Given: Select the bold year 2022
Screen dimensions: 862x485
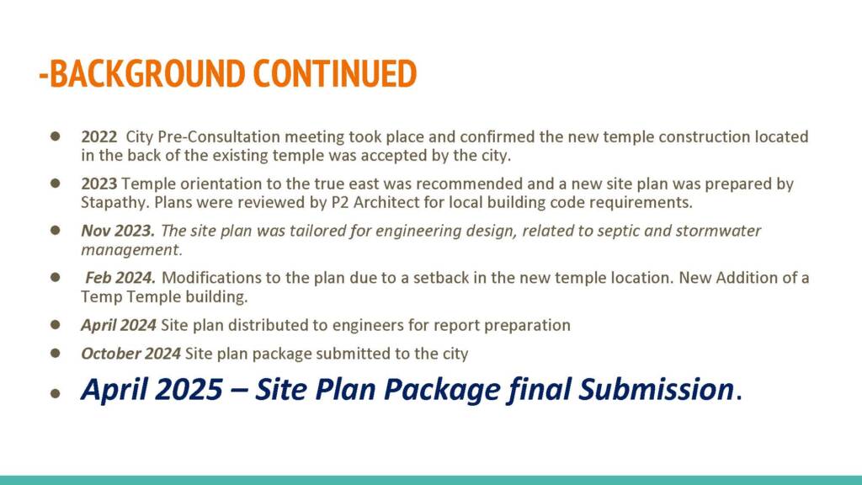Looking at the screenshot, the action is [x=99, y=136].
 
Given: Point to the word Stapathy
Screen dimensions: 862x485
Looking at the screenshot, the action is [x=114, y=203].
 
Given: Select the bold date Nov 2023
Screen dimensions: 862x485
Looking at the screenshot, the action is [x=118, y=231].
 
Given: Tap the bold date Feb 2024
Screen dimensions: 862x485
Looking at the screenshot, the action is [x=120, y=278].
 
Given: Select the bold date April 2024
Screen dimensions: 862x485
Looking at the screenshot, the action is [x=119, y=326].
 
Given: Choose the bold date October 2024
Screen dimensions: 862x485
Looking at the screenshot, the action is [x=130, y=353].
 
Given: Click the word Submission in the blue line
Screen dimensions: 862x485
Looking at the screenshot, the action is [x=657, y=389].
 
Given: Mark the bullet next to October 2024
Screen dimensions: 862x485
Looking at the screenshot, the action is [x=55, y=353].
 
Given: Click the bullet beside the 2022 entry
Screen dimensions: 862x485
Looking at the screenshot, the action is [x=55, y=136].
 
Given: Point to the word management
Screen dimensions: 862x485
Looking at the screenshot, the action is [x=130, y=250].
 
